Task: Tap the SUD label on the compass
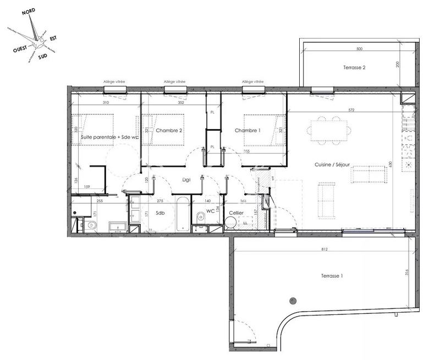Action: [42, 56]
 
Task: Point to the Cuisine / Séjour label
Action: [332, 164]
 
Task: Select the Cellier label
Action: [237, 212]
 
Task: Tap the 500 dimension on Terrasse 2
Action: [359, 49]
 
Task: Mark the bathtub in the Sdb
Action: [182, 214]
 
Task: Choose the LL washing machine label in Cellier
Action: [244, 222]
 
